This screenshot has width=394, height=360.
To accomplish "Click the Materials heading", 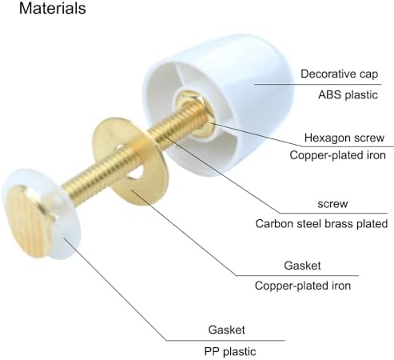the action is [53, 8].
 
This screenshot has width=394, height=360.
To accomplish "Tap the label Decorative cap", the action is [339, 74].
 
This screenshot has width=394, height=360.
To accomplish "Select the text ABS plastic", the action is [348, 95].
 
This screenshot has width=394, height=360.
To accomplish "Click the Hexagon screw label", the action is [344, 138].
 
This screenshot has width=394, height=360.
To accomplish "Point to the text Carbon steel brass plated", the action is [321, 223].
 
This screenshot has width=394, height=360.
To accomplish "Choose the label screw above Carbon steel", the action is [332, 204].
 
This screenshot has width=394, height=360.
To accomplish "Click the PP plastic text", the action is [230, 351].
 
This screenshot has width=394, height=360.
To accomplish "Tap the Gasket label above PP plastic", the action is [226, 330].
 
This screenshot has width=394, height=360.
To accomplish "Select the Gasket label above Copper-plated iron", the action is [302, 266].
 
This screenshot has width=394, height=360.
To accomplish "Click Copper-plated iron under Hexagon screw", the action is [337, 155].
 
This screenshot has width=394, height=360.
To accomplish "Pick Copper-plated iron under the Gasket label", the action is [303, 286].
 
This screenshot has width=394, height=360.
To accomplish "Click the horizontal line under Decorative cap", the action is [317, 85].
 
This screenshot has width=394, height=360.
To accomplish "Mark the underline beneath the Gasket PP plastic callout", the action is [225, 341].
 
